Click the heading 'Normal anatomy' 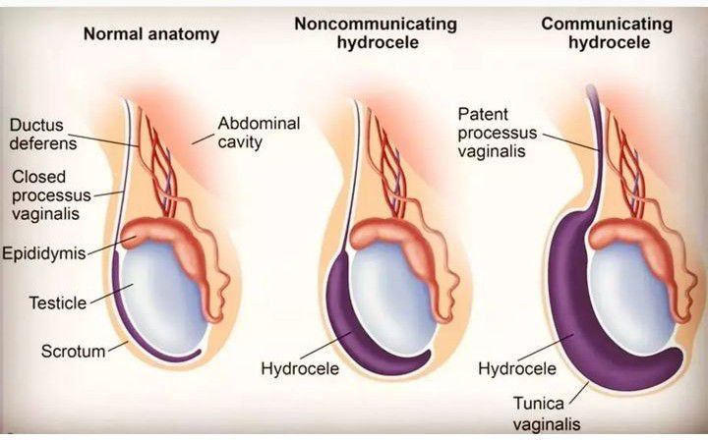coord(150,33)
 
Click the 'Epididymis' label coord(44,253)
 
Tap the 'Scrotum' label coord(72,351)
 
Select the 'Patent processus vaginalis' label coord(498,133)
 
